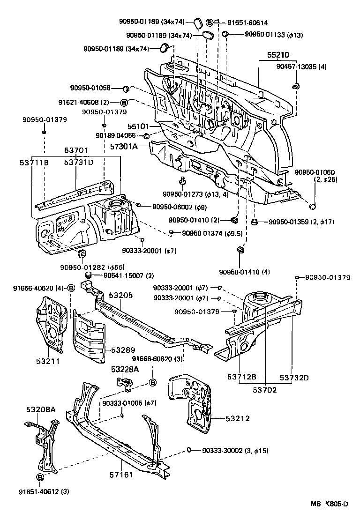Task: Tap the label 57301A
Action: click(124, 147)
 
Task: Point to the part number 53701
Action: click(76, 150)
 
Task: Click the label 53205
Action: click(121, 296)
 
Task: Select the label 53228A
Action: click(125, 370)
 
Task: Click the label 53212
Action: click(237, 418)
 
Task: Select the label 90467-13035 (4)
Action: click(301, 67)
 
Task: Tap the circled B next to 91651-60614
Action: click(210, 22)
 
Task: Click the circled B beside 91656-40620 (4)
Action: click(71, 288)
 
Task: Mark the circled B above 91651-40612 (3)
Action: click(40, 477)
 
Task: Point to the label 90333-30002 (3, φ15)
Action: click(235, 450)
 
